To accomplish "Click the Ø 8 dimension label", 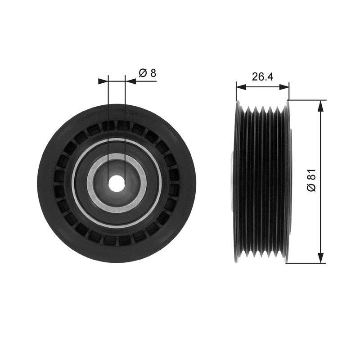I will point(147,73).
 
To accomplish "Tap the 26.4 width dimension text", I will point(262,76).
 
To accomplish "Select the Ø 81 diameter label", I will point(311,180).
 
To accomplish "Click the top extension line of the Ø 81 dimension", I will point(306,100).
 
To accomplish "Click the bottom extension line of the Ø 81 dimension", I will point(306,263).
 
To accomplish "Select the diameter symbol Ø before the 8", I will point(143,73).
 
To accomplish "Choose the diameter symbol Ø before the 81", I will point(311,187).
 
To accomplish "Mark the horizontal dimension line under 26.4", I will point(262,87).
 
